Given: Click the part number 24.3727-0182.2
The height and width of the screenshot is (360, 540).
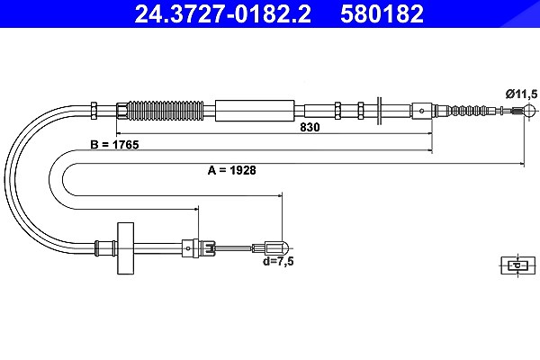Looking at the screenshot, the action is [x=223, y=13].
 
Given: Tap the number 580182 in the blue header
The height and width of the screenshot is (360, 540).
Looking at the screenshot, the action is [x=382, y=13].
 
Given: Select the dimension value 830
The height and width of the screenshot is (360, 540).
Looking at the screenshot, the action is [x=310, y=127].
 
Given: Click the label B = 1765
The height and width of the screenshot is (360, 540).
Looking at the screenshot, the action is [x=114, y=145].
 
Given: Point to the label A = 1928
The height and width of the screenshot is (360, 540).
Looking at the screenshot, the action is [x=232, y=170].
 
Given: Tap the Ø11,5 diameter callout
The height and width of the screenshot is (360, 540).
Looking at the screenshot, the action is [x=521, y=94].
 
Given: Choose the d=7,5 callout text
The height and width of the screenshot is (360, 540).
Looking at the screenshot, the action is [x=278, y=262].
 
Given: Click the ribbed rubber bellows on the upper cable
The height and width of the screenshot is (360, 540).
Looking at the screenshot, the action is [x=166, y=111].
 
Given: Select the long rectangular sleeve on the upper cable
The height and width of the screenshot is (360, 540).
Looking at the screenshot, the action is [x=255, y=111].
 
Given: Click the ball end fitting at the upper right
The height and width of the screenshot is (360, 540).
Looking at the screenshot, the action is [x=528, y=111].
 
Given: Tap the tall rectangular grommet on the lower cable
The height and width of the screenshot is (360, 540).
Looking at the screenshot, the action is [x=125, y=248].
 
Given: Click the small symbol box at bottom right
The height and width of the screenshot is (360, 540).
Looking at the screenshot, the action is [x=518, y=265].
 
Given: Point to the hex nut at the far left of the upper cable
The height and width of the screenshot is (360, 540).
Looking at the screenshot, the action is [x=94, y=111].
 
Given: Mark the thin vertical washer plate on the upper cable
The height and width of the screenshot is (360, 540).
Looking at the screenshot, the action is [x=380, y=111].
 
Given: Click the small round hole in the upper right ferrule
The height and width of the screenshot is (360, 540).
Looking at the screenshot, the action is [x=421, y=111].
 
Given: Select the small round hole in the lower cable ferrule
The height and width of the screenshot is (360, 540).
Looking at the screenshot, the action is [x=188, y=248].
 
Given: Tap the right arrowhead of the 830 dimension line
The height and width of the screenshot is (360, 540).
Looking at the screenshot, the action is [x=429, y=133].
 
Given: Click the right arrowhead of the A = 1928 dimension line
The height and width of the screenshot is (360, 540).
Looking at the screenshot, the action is [x=521, y=164].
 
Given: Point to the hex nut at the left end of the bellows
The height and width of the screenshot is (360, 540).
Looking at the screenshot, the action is [x=122, y=111].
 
